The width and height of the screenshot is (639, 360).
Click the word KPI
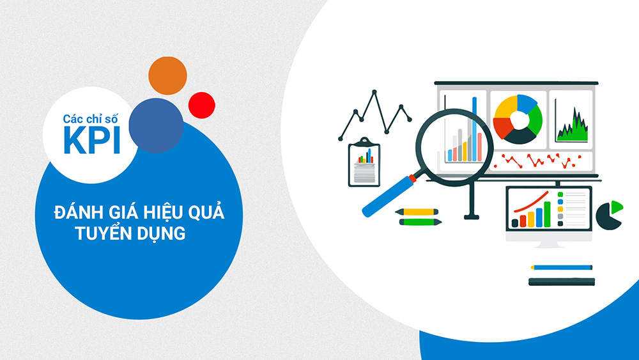91,140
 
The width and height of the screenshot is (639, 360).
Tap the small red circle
202,106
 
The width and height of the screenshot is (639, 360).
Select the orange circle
167,76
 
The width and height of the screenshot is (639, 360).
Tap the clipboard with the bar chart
364,162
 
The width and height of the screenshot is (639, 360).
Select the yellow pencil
417,212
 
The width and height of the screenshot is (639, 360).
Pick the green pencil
420,222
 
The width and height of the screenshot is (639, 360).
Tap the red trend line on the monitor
531,202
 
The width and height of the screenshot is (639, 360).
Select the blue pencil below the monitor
562,267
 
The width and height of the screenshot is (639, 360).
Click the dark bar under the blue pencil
562,281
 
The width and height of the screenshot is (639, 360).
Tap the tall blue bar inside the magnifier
474,129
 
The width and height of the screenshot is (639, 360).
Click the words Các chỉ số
90,119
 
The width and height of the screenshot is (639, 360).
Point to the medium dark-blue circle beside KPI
156,125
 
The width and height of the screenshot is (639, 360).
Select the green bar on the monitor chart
548,214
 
